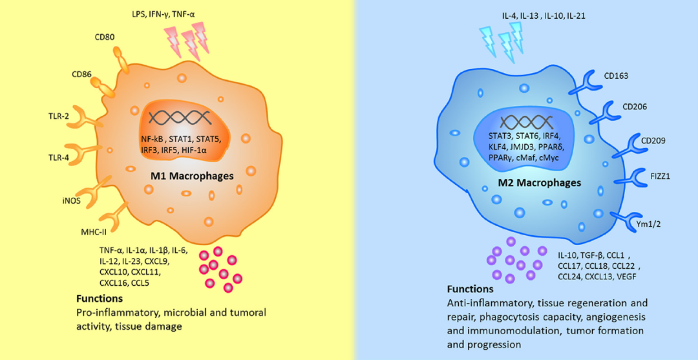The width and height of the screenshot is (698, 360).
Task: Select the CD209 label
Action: pos(653,140)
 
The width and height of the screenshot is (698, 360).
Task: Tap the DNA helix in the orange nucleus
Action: pos(180,117)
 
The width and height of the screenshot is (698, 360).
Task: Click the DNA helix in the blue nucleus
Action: pos(525,121)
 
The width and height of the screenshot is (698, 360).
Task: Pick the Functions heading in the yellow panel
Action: pos(100,299)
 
